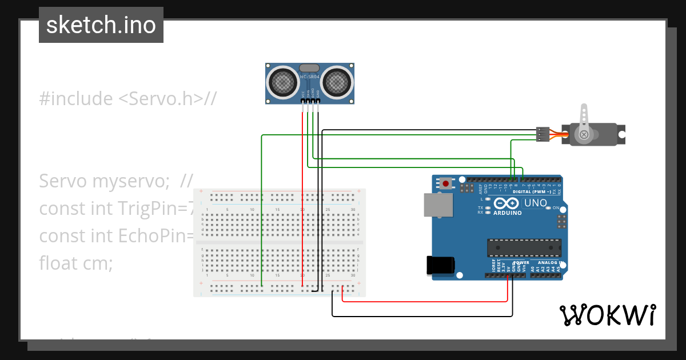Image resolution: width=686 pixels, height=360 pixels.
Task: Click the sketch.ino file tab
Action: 101,25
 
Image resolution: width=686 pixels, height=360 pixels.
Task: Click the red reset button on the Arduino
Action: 445,183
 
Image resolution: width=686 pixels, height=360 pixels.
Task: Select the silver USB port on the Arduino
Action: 437,205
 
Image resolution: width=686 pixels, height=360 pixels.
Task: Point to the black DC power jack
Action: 441,265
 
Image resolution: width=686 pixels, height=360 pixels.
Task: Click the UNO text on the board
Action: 536,203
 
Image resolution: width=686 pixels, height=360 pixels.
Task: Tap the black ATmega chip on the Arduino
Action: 524,247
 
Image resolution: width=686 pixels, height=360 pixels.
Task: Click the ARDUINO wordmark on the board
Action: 507,213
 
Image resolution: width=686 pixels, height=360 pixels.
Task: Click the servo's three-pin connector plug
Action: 542,134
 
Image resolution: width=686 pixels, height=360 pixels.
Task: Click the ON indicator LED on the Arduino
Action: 548,208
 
